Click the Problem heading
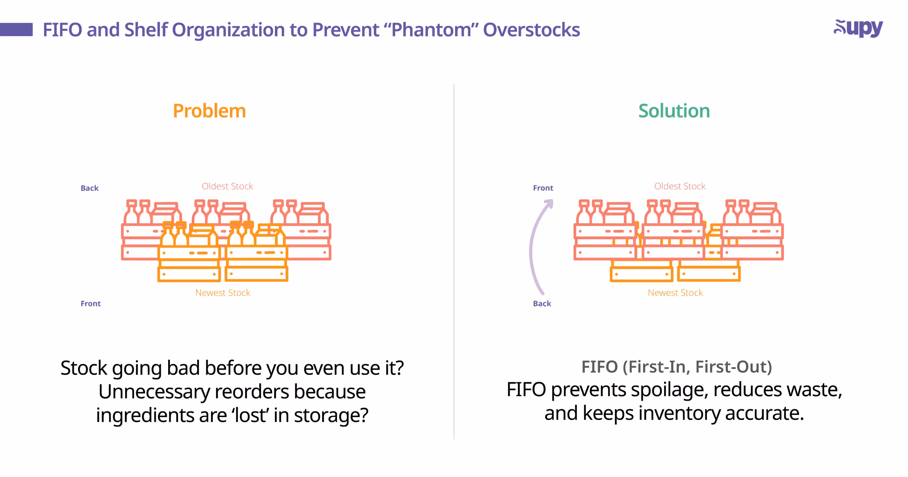[x=209, y=111]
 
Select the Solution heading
[x=674, y=111]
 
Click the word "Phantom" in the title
[x=431, y=30]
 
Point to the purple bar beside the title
[x=16, y=29]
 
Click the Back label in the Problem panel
[x=89, y=188]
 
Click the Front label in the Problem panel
[x=90, y=303]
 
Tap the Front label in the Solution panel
[x=543, y=188]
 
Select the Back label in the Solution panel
[x=542, y=303]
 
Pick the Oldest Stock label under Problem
[x=227, y=186]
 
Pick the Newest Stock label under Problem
[x=223, y=293]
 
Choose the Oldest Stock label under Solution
[x=680, y=186]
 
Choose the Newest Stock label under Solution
[x=675, y=293]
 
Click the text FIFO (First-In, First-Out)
[x=676, y=367]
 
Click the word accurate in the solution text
[x=764, y=413]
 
